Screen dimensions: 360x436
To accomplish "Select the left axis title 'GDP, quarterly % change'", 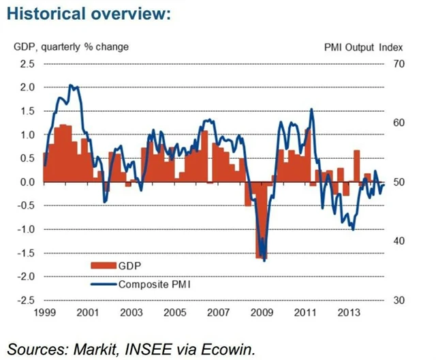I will pos(71,47).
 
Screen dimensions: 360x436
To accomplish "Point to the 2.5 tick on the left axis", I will pos(27,64).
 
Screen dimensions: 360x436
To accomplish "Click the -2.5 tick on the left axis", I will pos(25,300).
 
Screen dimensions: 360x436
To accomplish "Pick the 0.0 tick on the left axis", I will pos(27,182).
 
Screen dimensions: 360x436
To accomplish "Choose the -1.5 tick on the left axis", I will pos(25,253).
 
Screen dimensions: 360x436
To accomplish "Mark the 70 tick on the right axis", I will pos(398,64).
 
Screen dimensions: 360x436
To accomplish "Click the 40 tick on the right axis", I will pos(398,241).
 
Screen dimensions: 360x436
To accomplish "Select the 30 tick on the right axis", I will pos(398,300).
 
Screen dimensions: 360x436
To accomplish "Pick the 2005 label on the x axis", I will pos(175,313).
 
